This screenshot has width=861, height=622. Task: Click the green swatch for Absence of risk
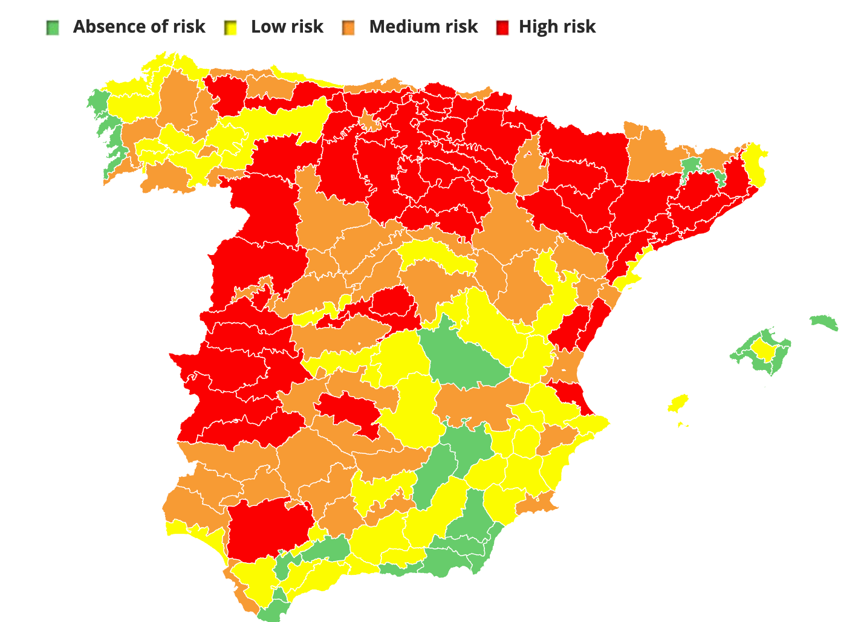pos(53,27)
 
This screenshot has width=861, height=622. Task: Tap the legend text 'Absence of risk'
pos(138,27)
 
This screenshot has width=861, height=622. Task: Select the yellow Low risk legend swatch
pos(230,27)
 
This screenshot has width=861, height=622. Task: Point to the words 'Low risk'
pos(287,27)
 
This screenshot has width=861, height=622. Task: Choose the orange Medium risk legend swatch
pos(348,27)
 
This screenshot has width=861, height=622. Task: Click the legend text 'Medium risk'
pos(423,27)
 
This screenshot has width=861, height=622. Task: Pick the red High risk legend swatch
pos(502,27)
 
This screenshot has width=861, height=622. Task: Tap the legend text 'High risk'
pos(557,27)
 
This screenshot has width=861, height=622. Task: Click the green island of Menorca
pos(824,322)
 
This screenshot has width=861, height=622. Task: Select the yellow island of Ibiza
pos(679,403)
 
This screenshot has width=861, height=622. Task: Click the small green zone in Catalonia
pos(691,166)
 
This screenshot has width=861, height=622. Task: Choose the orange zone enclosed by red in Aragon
pos(530,163)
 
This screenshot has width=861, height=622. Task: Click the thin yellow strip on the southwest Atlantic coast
pos(200,533)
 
